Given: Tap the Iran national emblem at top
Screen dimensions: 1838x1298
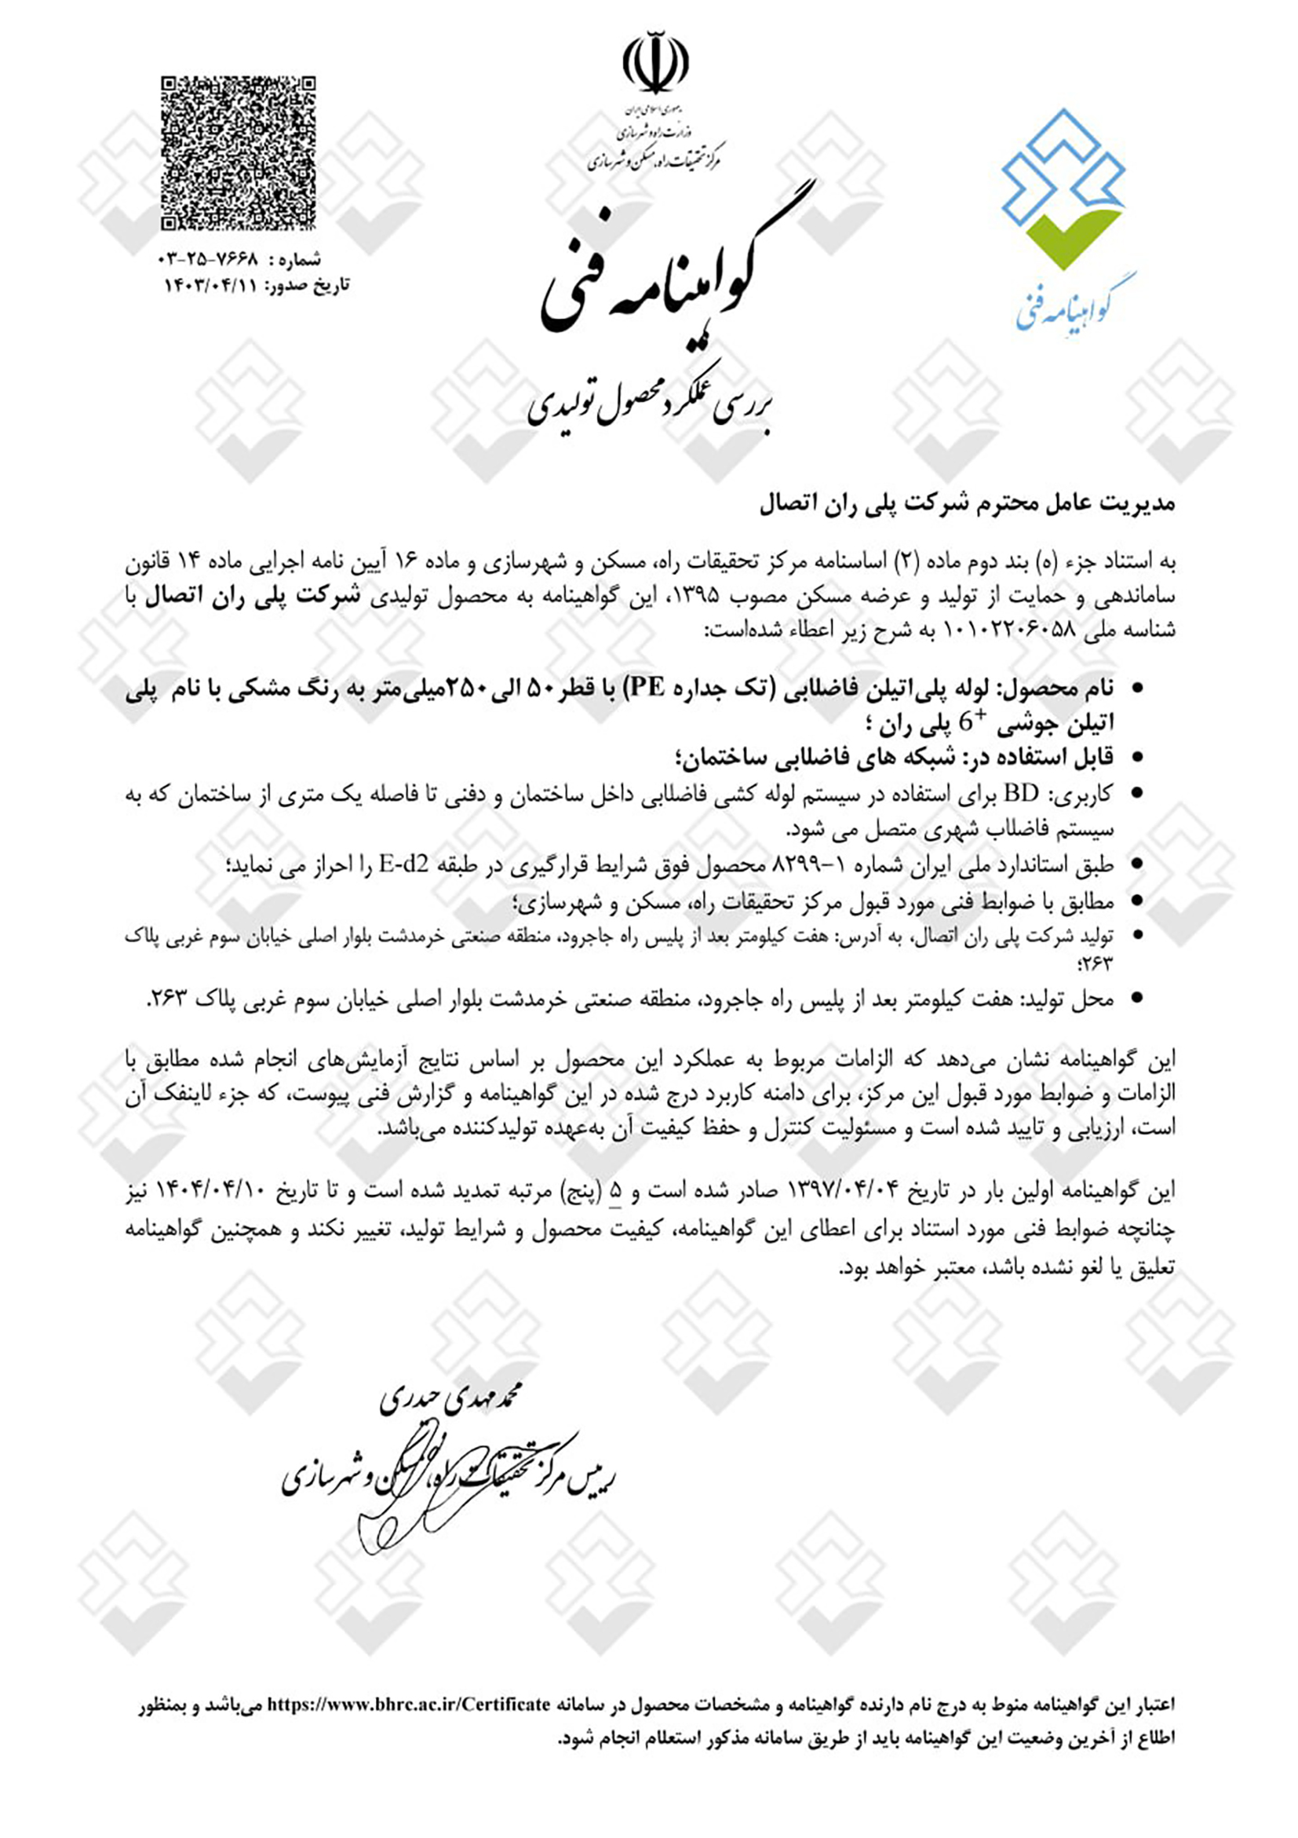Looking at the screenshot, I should (x=655, y=62).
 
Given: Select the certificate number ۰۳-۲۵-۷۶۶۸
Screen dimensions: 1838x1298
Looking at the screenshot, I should (x=210, y=260).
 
